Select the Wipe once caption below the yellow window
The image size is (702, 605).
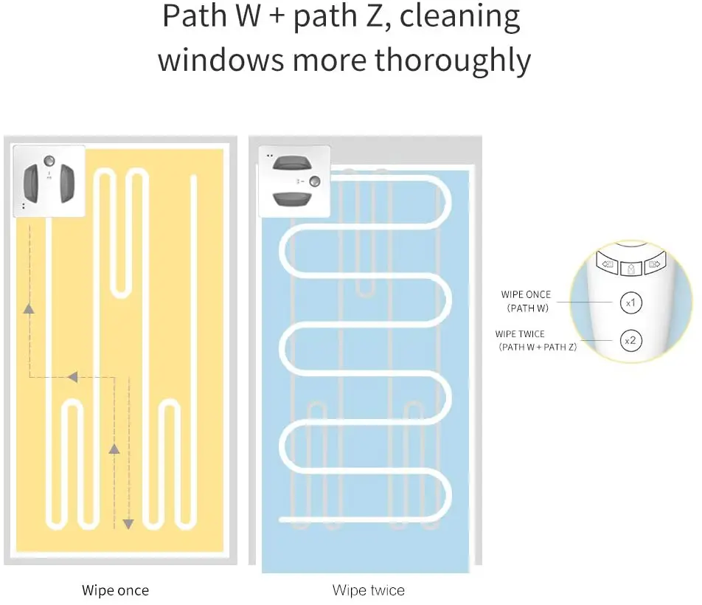click(115, 590)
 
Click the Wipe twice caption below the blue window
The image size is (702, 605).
click(368, 590)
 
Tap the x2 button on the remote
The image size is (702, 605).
click(630, 340)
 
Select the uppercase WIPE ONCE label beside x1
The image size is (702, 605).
click(526, 295)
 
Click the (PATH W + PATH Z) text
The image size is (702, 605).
click(537, 346)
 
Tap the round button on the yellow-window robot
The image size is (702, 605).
click(49, 160)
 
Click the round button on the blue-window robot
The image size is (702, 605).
click(314, 181)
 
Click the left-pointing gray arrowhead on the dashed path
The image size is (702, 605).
click(72, 377)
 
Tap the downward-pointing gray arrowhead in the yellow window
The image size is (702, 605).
click(128, 523)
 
